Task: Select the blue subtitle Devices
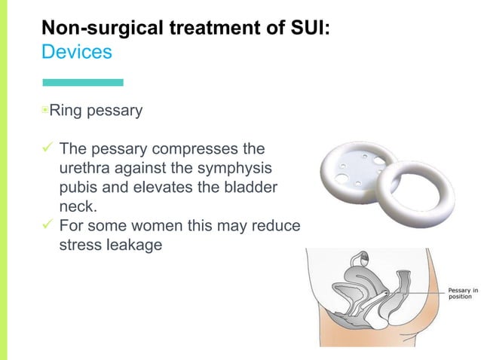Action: pos(76,53)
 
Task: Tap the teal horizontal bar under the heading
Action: pos(82,82)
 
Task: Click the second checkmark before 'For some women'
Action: pos(47,227)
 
